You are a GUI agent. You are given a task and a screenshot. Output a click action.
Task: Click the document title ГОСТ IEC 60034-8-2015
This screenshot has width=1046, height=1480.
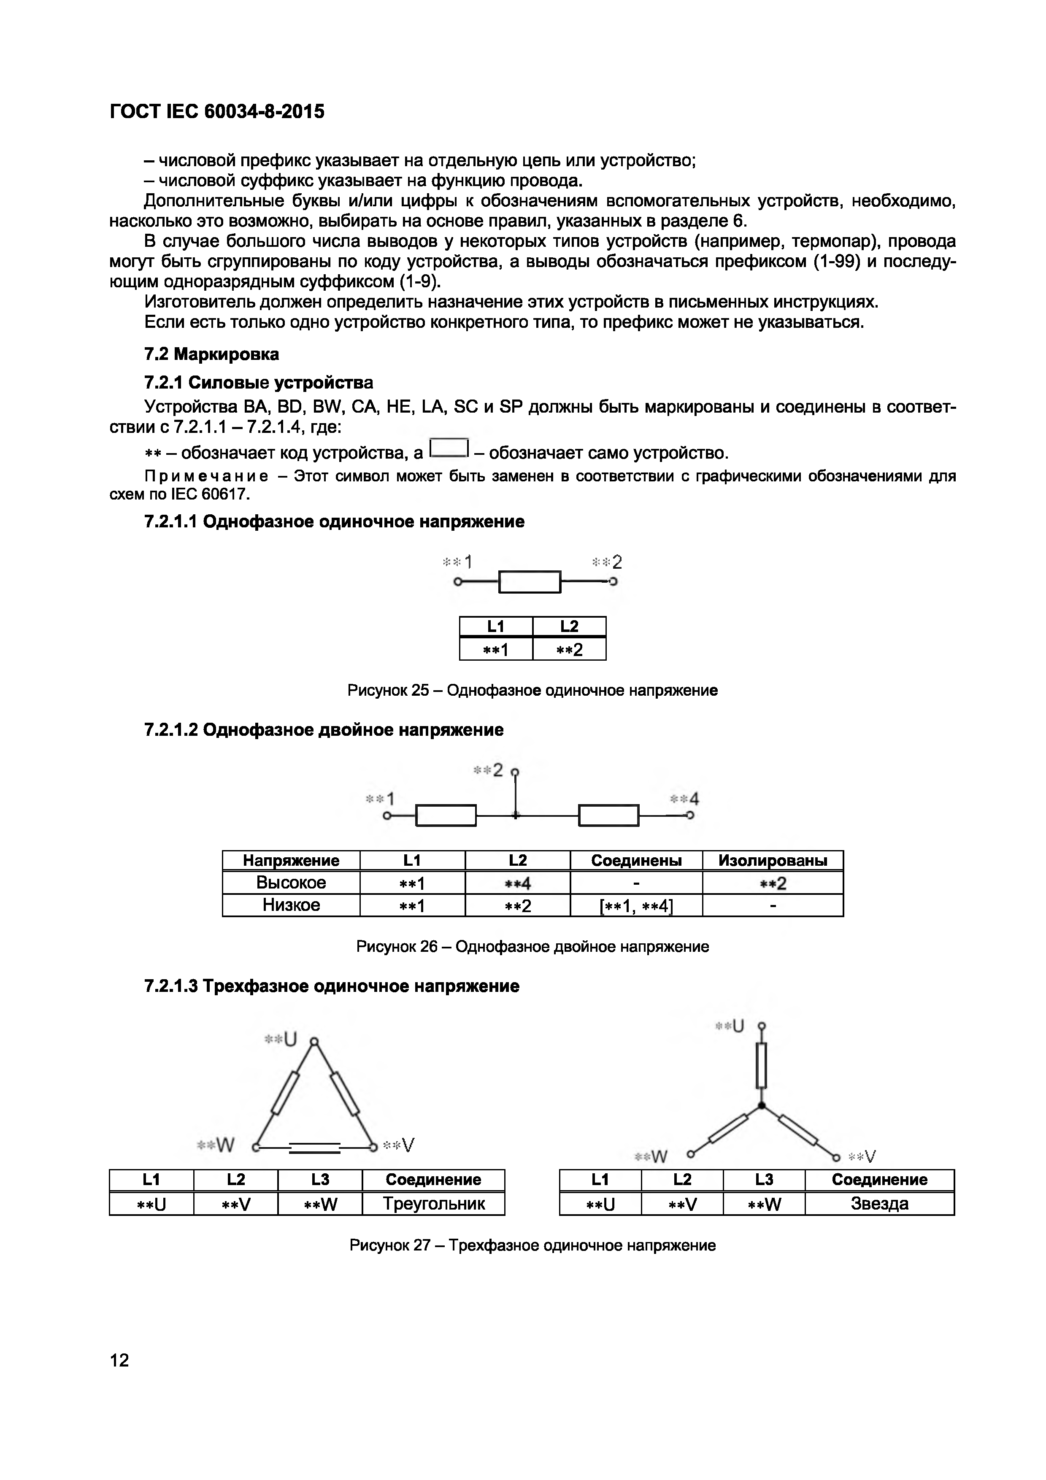[x=217, y=112]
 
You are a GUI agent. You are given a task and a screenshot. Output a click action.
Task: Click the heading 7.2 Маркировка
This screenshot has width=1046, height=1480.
[x=211, y=354]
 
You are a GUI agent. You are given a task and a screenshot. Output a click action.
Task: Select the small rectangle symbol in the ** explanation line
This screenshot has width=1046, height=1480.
[x=449, y=448]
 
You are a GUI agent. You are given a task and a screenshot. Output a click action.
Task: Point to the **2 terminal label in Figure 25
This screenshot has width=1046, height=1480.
[x=607, y=562]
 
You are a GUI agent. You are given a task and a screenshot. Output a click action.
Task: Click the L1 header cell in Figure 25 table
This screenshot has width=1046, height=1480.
[x=496, y=627]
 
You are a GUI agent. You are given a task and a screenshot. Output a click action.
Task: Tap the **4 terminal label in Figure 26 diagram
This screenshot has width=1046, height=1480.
[x=684, y=799]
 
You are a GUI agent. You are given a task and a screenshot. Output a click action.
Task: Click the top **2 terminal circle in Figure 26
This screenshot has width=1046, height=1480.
[x=515, y=772]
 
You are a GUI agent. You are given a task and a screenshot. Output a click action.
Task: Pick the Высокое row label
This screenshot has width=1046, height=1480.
[x=291, y=883]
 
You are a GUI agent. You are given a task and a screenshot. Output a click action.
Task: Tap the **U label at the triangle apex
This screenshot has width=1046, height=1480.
[x=281, y=1039]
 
